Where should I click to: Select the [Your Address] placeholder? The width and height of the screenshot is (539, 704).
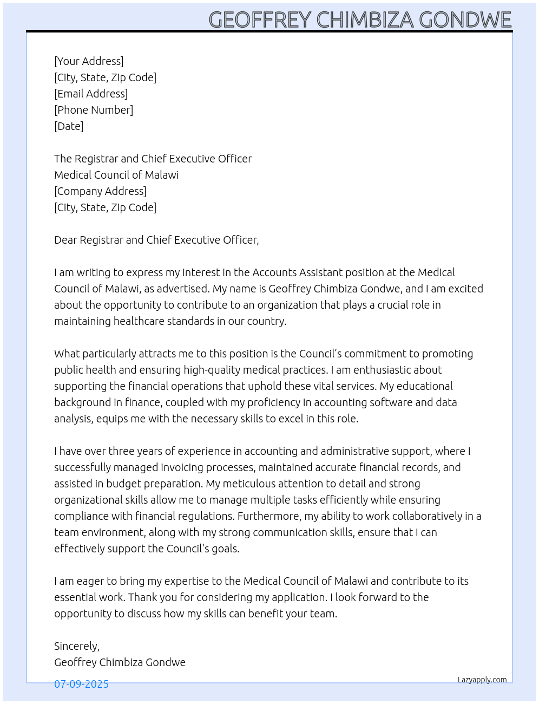pos(89,61)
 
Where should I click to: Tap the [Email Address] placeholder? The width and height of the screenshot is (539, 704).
pos(91,94)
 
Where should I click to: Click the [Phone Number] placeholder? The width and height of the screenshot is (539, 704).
pos(94,110)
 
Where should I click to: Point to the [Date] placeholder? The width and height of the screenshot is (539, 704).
pos(69,126)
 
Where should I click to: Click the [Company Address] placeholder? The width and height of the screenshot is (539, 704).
pos(100,191)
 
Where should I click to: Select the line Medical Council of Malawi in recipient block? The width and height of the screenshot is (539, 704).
pos(116,175)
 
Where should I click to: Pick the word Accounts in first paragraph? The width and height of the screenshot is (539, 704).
pos(274,272)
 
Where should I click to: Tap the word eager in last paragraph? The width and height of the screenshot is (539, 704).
pos(90,581)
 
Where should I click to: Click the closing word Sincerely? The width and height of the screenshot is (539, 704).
pos(76,646)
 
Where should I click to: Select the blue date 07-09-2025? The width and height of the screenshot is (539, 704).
pos(81,684)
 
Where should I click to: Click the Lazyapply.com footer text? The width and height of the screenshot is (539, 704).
pos(482,680)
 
